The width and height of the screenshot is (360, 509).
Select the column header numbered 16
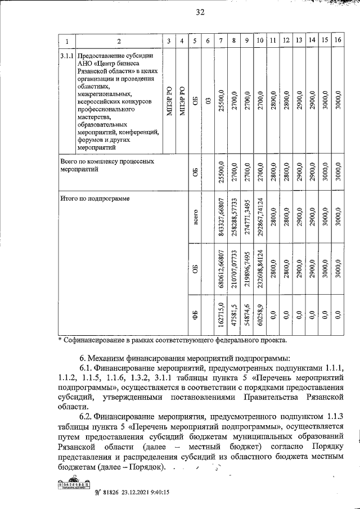pos(337,41)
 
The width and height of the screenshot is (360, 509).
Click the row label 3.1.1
pos(67,56)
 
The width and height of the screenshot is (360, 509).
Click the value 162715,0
pos(222,315)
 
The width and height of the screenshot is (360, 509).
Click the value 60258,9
pos(260,315)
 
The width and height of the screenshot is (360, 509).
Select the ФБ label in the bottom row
pos(195,315)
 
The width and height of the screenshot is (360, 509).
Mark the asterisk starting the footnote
pos(61,340)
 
